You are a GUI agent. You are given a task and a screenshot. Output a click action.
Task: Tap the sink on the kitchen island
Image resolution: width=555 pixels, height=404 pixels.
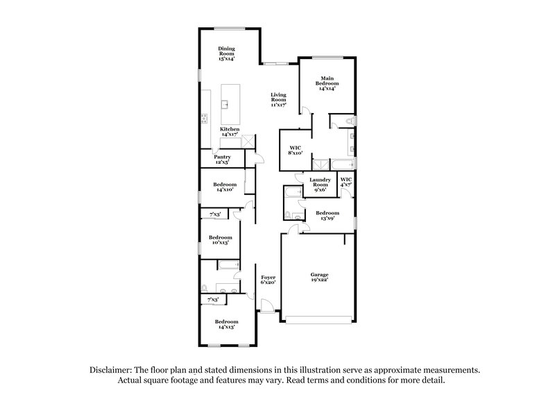click(x=225, y=104)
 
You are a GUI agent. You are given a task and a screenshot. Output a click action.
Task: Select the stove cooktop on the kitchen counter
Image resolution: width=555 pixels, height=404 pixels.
click(x=204, y=118)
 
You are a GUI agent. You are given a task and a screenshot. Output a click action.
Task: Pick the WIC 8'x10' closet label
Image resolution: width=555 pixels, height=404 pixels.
click(x=294, y=149)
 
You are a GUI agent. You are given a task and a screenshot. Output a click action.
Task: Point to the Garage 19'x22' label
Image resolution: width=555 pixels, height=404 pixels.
click(x=319, y=277)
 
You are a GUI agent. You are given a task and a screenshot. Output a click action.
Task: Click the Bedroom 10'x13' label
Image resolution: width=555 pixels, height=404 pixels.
click(x=221, y=239)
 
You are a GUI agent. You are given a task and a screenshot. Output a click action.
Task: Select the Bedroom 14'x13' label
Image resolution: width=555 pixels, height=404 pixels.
click(x=226, y=324)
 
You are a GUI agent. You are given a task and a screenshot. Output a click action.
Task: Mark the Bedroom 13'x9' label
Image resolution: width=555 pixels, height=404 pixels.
click(x=327, y=216)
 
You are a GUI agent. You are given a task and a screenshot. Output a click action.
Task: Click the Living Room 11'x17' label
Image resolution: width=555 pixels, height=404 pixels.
click(x=278, y=101)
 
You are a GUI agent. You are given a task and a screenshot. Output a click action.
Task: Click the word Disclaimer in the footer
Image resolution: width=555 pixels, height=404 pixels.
click(x=112, y=371)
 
